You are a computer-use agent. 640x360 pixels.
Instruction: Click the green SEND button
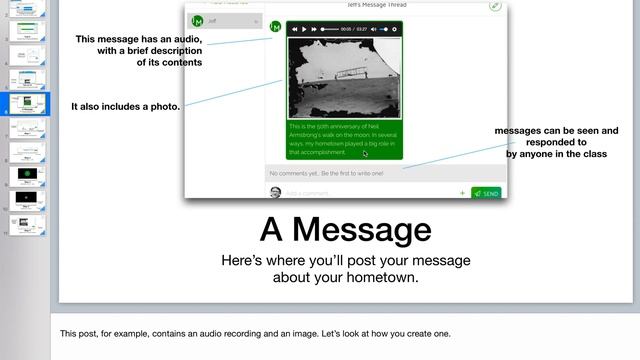click(x=486, y=193)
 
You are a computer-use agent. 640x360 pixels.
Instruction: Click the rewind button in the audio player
click(x=293, y=29)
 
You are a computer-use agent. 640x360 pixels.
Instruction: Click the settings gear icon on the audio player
click(x=395, y=29)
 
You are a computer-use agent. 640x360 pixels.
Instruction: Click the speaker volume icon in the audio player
click(x=373, y=29)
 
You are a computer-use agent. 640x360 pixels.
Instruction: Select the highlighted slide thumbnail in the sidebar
click(x=28, y=102)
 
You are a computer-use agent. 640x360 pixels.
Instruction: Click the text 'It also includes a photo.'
click(x=125, y=105)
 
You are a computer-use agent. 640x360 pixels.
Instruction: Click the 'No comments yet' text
click(x=326, y=174)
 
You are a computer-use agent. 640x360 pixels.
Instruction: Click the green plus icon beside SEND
click(x=462, y=193)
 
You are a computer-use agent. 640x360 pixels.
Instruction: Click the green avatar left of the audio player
click(x=277, y=24)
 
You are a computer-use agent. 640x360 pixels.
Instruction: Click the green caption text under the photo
click(x=344, y=139)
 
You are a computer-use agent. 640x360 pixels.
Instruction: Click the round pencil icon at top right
click(x=495, y=6)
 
